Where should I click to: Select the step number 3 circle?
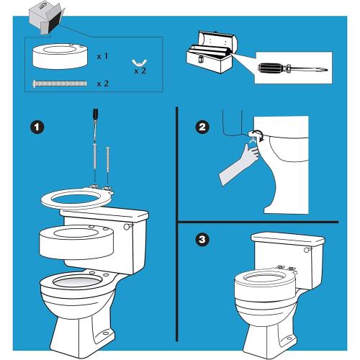pyautogui.click(x=203, y=239)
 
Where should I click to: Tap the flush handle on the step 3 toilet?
pyautogui.click(x=305, y=249)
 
